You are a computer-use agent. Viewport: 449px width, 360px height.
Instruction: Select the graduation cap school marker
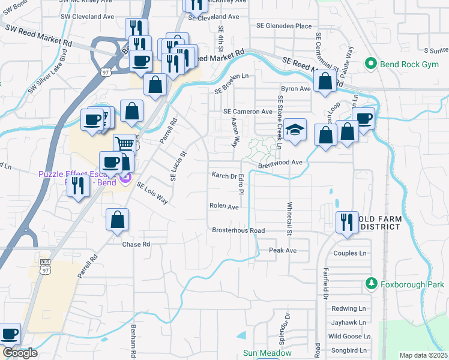pos(295,130)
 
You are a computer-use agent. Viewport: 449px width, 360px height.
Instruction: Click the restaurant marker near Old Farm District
pos(347,223)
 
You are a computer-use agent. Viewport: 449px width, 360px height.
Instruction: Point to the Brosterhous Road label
pos(238,230)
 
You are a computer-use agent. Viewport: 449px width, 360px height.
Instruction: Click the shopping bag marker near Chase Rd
pos(118,220)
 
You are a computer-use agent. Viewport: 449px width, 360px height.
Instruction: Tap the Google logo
pos(20,353)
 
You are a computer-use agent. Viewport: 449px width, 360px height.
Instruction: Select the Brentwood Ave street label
pos(280,163)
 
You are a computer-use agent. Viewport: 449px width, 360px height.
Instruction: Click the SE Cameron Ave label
pos(248,112)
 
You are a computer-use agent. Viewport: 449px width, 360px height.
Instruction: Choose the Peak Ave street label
pos(283,250)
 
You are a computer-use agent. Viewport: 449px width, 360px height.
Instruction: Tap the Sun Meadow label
pos(267,353)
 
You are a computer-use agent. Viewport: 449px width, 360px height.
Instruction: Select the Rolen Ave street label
pos(224,206)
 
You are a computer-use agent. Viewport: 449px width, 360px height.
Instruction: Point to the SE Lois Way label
pos(152,193)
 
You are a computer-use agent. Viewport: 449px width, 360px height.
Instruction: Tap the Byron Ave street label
pos(296,88)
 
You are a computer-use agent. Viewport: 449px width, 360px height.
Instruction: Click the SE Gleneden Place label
pos(284,26)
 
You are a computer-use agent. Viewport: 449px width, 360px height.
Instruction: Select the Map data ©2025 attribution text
pos(423,355)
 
